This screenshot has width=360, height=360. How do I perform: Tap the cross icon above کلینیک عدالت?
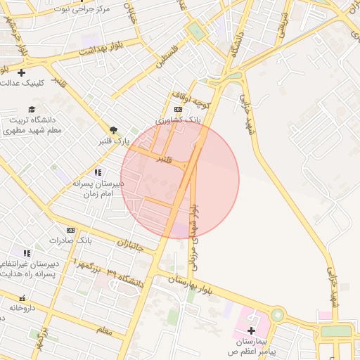point(22,72)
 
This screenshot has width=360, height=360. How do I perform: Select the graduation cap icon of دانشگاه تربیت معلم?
point(31,109)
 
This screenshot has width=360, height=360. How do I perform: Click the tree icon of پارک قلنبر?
point(113,130)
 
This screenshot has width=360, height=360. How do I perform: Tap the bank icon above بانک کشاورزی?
point(178,110)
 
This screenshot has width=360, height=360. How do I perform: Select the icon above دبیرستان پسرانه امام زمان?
point(97,172)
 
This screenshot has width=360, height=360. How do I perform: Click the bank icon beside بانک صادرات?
point(70,230)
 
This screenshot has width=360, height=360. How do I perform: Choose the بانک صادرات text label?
point(70,240)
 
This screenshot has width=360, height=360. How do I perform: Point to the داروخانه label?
point(22,308)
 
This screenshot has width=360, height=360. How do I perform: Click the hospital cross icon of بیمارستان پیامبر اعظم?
point(251,330)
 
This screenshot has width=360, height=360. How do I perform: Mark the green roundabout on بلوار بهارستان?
point(277,315)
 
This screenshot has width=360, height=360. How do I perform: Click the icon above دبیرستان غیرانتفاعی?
point(27,253)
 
